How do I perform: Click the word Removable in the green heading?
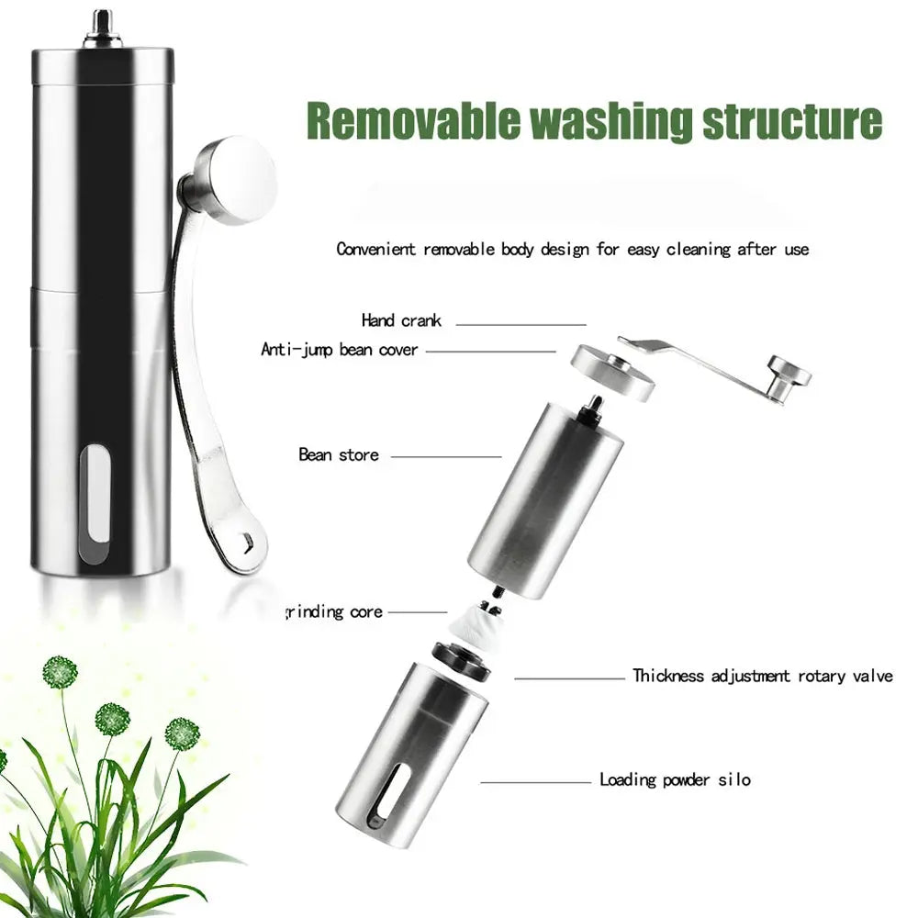[413, 120]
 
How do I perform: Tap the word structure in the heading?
[792, 120]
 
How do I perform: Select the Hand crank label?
[401, 320]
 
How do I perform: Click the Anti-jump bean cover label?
[340, 350]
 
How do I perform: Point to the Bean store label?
[339, 454]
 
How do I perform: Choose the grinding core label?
[334, 611]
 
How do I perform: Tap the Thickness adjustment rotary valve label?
[763, 676]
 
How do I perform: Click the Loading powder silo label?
[675, 779]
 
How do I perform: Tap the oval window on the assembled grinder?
[95, 503]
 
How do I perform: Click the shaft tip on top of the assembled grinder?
[103, 24]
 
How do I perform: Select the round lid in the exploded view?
[611, 373]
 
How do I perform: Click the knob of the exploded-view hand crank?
[789, 375]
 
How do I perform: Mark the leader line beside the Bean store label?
[446, 456]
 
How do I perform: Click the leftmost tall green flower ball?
[60, 672]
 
